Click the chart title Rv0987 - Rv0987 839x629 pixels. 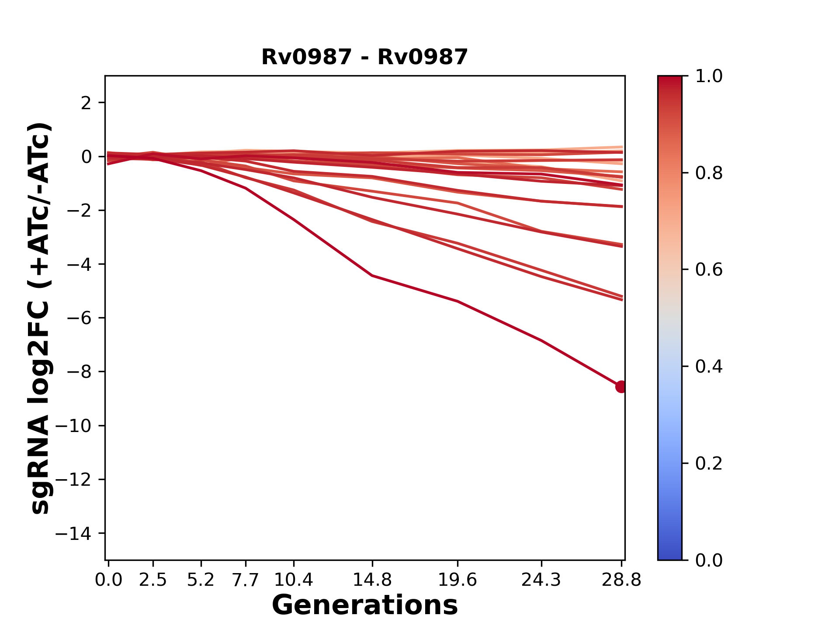364,57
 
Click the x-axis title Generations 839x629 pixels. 364,605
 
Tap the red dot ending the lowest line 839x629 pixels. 621,387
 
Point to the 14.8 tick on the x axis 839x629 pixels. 372,580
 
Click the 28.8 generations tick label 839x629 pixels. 621,580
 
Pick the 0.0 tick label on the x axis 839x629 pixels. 108,580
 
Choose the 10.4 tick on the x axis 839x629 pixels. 294,580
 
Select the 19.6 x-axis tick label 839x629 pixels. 457,580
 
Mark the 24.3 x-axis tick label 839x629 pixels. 541,580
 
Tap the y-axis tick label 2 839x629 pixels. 87,103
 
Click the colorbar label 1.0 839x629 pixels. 709,76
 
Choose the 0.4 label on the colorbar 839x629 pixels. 709,366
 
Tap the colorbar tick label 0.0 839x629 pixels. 709,560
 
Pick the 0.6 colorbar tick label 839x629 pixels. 709,270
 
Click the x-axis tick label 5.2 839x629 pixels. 201,580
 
